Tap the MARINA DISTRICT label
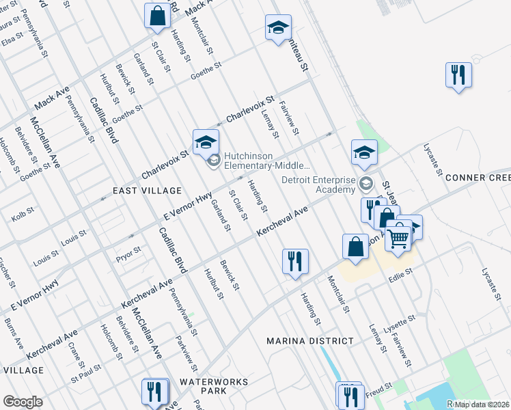pyautogui.click(x=310, y=341)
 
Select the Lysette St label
pyautogui.click(x=401, y=320)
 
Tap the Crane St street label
pyautogui.click(x=75, y=351)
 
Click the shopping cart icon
pyautogui.click(x=398, y=238)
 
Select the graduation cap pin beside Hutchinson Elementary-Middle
pyautogui.click(x=204, y=141)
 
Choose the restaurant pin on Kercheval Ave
pyautogui.click(x=295, y=261)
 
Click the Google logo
pyautogui.click(x=23, y=402)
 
